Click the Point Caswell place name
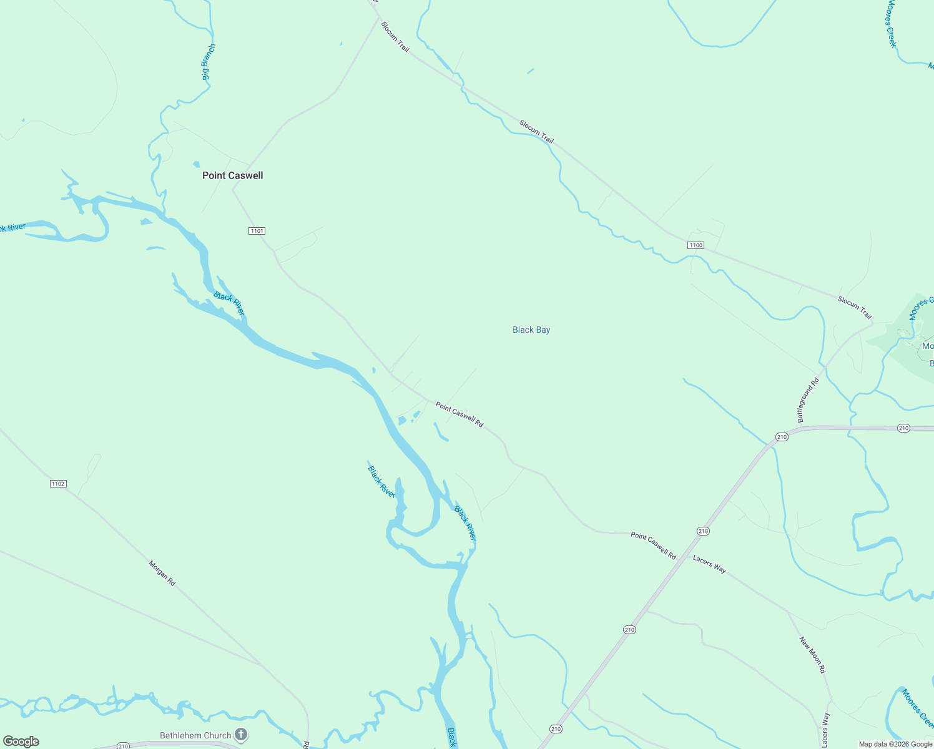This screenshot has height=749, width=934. coord(232,175)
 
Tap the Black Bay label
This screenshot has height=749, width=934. coord(531,330)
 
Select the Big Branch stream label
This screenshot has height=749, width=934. coord(209,62)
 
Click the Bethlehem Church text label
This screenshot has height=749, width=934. coord(195,735)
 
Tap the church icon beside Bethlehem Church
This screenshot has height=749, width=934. coord(242,735)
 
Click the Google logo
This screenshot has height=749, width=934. coord(21,742)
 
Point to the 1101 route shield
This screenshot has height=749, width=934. coord(257,231)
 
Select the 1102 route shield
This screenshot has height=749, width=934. coord(58,484)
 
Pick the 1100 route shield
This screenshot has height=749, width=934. coord(696,245)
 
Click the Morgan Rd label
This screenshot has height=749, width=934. coord(162,573)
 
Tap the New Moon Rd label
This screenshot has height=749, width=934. coord(812,654)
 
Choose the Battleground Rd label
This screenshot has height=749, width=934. coord(807,400)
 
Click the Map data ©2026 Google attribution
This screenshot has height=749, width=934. coord(895,744)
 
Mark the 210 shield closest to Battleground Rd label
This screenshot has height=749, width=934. coord(782,437)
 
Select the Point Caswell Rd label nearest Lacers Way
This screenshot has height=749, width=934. coord(653,546)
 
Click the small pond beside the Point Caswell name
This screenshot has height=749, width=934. coord(196,164)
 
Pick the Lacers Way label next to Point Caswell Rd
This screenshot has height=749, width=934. coord(709,564)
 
